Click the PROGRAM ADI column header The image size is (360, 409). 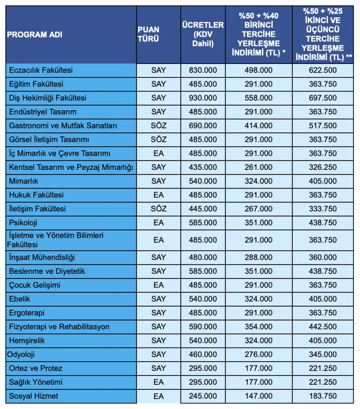pos(35,35)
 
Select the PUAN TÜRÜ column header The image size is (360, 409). pos(148,34)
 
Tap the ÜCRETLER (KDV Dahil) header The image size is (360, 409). pos(202,34)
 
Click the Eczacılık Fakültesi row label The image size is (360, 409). pos(41,70)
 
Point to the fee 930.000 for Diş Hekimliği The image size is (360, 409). pos(202,98)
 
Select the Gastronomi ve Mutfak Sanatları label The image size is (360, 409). pos(63,126)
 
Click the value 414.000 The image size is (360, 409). pos(258,126)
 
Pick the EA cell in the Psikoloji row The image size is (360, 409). pos(158,223)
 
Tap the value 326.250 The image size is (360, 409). pos(323,167)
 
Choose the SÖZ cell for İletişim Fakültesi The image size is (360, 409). pos(158,209)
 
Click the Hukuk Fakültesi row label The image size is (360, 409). pos(36,195)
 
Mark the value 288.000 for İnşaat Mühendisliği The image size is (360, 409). pos(258,257)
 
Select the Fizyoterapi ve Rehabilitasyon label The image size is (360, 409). pos(59,327)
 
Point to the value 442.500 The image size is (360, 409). pos(323,327)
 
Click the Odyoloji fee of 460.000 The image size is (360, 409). pos(202,354)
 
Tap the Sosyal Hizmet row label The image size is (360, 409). pos(34,396)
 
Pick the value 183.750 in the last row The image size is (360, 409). pos(323,396)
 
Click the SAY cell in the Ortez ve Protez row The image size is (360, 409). pos(158,368)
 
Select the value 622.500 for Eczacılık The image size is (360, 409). pos(323,70)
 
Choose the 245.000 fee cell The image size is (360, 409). pos(202,396)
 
